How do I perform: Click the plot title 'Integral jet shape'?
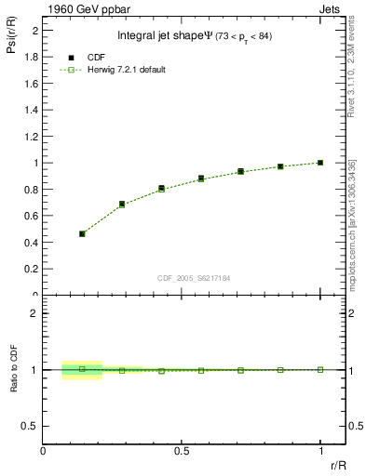tap(161, 36)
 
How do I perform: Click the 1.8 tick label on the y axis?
tap(32, 57)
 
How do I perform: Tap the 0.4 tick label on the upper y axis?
tap(32, 243)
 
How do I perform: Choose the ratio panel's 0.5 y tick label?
tap(32, 426)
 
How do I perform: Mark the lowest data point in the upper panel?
tap(82, 233)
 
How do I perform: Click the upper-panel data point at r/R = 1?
tap(320, 163)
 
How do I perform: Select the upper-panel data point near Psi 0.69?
tap(122, 204)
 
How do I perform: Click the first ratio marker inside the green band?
tap(82, 369)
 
